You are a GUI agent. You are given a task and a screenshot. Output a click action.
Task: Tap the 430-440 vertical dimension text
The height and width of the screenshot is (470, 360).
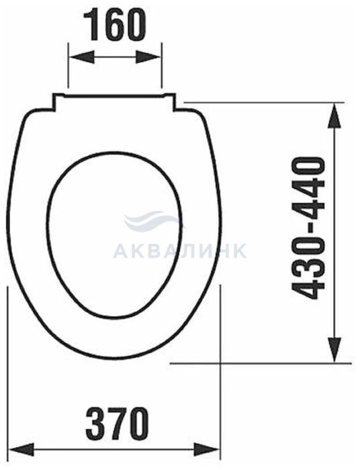pos(308,229)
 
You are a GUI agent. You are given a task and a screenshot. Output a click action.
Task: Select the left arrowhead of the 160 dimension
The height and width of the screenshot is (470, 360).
pos(81,57)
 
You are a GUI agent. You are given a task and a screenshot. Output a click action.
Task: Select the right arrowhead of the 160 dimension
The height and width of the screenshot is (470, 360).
pos(148,57)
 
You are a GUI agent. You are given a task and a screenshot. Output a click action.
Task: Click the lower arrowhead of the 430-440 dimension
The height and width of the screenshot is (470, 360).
pos(334,350)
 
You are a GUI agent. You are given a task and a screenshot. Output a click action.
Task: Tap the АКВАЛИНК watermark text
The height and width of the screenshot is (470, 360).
pos(180,250)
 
